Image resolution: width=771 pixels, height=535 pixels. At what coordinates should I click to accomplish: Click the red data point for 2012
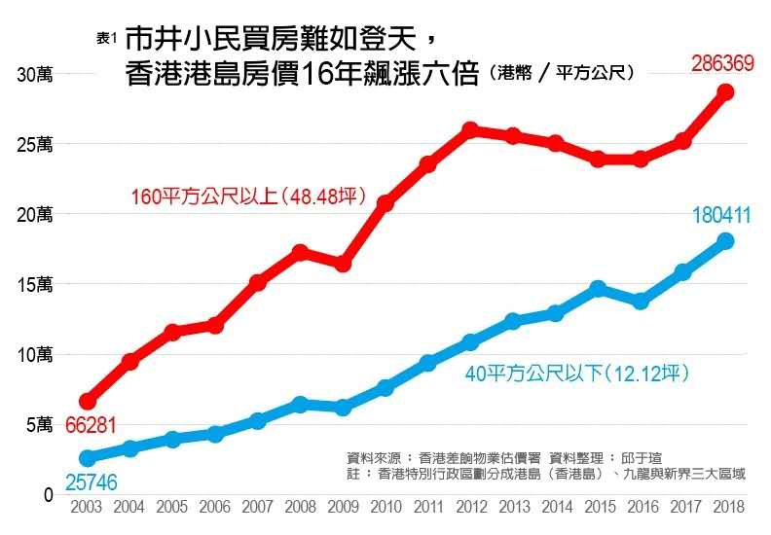click(x=470, y=129)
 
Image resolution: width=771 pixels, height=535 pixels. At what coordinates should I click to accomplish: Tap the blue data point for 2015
click(x=598, y=289)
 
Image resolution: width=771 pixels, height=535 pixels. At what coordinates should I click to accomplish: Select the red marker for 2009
click(x=343, y=264)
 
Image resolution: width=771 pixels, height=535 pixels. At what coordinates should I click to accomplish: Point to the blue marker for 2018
click(x=725, y=241)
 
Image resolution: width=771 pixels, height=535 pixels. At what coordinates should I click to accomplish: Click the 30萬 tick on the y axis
click(x=35, y=74)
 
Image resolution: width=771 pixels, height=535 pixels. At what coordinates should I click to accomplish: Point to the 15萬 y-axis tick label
click(x=35, y=284)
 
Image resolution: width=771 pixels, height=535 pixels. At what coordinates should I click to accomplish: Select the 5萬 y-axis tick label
click(x=39, y=424)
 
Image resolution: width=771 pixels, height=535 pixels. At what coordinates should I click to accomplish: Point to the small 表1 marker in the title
click(x=107, y=38)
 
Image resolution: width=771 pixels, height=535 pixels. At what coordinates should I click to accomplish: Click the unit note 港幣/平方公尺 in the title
click(x=564, y=74)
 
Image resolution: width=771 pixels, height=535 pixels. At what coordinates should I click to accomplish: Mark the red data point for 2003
click(x=88, y=401)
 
